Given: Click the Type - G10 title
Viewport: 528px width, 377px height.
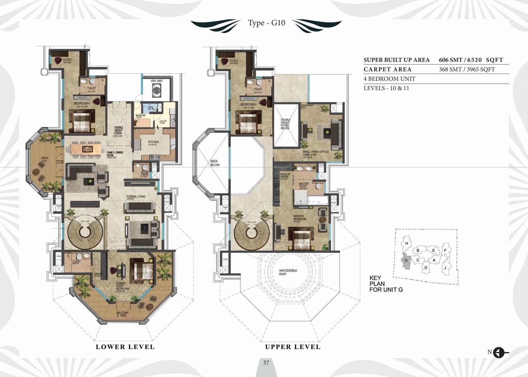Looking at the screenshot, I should [266, 23].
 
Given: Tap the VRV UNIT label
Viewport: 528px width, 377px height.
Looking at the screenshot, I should [157, 81].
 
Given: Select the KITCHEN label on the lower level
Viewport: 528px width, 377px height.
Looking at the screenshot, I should [153, 142].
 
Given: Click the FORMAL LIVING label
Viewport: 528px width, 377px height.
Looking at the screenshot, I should [136, 197].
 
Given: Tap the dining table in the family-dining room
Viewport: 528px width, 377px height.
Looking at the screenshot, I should [86, 149].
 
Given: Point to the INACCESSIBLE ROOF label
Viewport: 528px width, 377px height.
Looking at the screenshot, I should [288, 272].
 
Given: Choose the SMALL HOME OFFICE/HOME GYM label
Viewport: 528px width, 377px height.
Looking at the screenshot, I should [315, 153].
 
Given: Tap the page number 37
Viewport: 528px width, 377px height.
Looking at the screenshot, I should [266, 363].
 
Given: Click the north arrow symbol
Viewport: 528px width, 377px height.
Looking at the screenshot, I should [499, 352].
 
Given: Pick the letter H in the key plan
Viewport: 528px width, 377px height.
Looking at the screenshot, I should [407, 243].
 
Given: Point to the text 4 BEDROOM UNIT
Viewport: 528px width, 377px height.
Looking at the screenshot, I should [389, 79].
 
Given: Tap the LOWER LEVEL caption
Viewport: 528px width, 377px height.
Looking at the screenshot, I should [125, 347].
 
